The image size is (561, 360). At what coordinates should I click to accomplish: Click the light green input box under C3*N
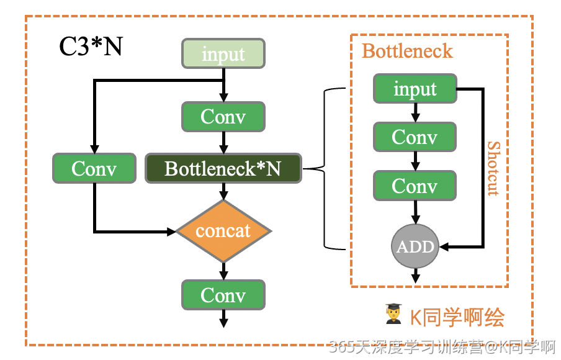[x=223, y=54]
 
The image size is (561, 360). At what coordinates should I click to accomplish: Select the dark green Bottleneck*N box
[x=223, y=168]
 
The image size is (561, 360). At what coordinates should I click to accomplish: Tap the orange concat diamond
[x=223, y=231]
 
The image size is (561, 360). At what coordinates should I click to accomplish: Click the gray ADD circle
[x=415, y=246]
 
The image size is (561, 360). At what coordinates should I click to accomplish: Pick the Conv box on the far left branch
[x=94, y=168]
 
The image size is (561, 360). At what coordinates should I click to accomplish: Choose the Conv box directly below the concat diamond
[x=223, y=295]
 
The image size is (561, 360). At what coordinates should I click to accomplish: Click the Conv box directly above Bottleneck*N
[x=223, y=117]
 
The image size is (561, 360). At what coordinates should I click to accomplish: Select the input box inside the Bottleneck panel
[x=415, y=89]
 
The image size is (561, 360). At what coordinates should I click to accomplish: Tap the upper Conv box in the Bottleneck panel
[x=415, y=137]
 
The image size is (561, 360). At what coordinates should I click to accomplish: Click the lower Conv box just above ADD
[x=415, y=186]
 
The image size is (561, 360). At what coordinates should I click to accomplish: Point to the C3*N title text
[x=91, y=47]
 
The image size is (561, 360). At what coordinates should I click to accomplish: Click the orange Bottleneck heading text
[x=408, y=51]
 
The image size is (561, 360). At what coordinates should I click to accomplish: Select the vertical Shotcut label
[x=493, y=168]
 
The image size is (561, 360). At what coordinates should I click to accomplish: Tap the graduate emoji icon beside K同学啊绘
[x=393, y=315]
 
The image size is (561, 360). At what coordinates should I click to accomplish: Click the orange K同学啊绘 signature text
[x=457, y=317]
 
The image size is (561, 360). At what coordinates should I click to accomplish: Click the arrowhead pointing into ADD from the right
[x=445, y=246]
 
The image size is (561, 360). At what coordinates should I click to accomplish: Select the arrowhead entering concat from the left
[x=172, y=232]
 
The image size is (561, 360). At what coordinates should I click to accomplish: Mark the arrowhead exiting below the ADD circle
[x=415, y=277]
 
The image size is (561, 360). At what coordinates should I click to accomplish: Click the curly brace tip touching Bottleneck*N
[x=306, y=168]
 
